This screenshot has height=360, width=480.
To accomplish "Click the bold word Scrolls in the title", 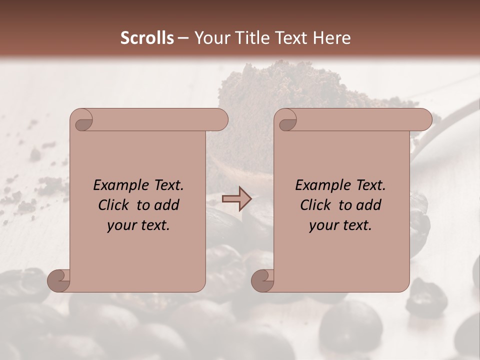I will (x=147, y=38).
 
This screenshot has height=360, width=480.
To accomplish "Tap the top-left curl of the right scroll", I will (x=286, y=120).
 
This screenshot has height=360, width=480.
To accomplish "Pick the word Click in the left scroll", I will (x=114, y=205).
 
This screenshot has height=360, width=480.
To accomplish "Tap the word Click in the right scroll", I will (x=316, y=205).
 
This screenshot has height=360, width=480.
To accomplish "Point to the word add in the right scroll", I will (x=369, y=205).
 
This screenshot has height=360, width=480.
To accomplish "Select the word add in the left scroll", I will (x=167, y=205).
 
